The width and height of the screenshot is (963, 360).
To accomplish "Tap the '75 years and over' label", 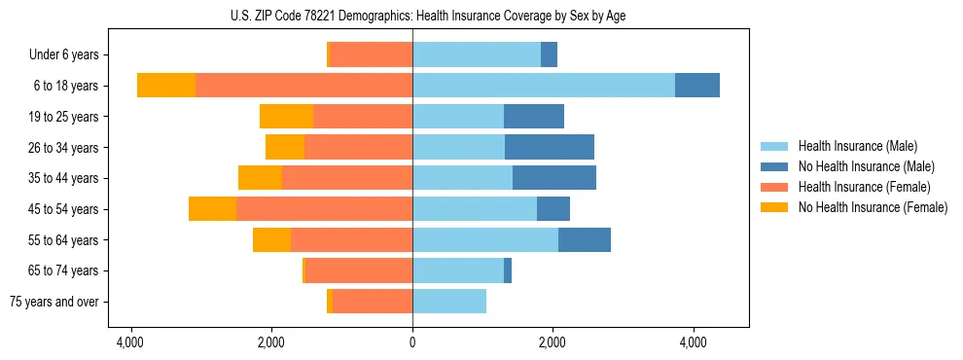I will coord(54,302).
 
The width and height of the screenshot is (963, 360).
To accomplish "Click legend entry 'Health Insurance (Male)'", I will coord(857,146).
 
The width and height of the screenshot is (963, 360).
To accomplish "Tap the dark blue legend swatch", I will coord(775,166).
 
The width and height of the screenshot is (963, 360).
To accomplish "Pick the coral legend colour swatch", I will coord(775,187).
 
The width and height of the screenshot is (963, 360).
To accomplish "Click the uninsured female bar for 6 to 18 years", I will coord(166,86).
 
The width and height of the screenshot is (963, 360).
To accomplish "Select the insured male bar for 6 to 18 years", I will coord(544,86).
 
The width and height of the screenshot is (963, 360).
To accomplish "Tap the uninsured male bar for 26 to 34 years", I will coord(550,147).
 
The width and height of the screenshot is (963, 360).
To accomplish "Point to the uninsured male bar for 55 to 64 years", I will coord(585,239).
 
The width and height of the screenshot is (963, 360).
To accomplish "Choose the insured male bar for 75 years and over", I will coord(449,302).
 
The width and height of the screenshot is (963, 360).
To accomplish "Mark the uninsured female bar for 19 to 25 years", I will coord(286,117).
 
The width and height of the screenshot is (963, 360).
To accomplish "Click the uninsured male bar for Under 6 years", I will coord(549,54).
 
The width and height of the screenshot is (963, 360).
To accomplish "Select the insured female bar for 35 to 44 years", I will coord(347,178).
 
